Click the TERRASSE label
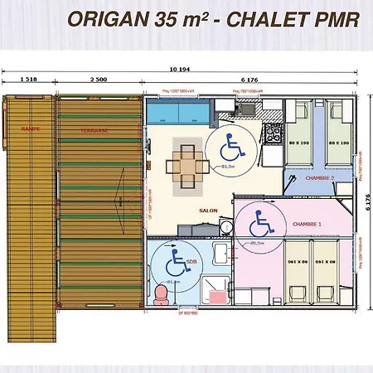[x=93, y=130]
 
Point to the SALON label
[x=208, y=211]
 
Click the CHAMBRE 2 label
[x=318, y=177]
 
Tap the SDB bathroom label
[x=191, y=261]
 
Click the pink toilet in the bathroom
[x=161, y=293]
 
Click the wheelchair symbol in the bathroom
[x=175, y=264]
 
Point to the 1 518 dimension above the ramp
[x=27, y=80]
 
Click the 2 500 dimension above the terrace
[x=98, y=80]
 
